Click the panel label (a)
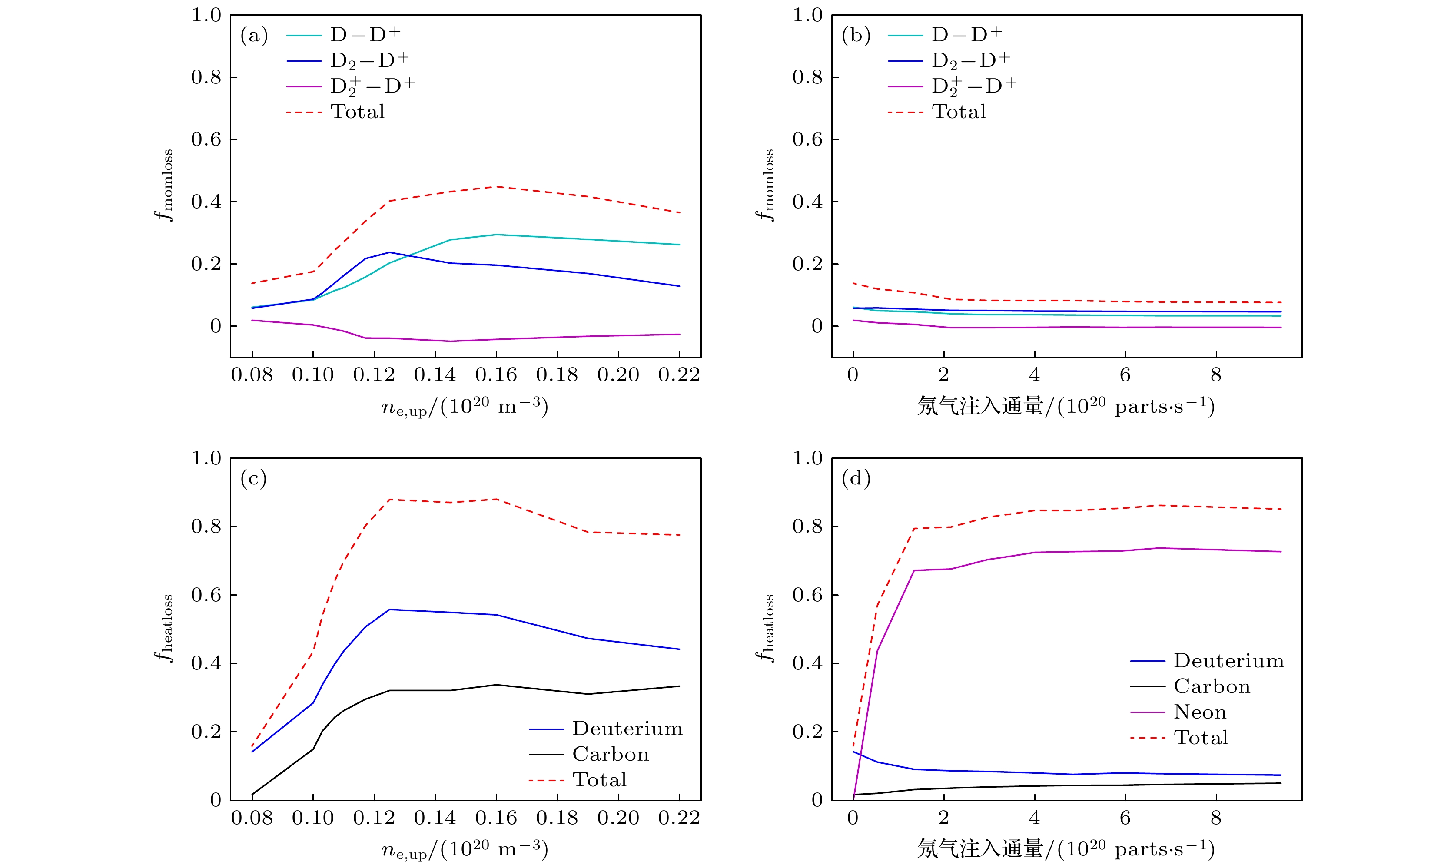[254, 36]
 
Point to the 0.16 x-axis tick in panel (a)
[496, 375]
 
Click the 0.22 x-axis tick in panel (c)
[679, 818]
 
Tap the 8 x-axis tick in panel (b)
[1216, 375]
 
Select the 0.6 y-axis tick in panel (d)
[807, 595]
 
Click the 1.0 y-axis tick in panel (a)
[206, 15]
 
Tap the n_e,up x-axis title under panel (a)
[465, 407]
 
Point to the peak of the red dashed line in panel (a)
[496, 186]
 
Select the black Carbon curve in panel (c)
[450, 690]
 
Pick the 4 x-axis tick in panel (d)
[1035, 818]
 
